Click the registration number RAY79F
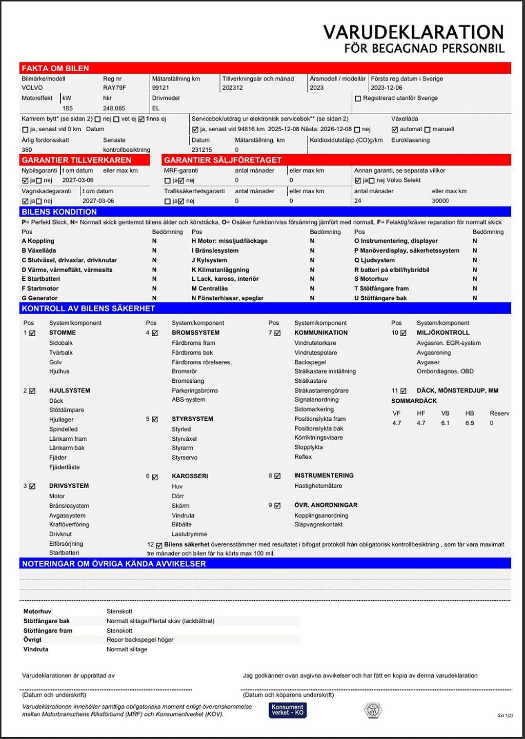coord(114,88)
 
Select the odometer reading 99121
coord(160,88)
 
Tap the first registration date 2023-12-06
coord(387,88)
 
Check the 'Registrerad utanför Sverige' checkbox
coord(358,98)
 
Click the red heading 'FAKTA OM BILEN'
coord(55,68)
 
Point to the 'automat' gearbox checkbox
coord(395,130)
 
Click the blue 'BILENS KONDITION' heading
coord(59,212)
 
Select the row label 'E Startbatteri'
coord(41,279)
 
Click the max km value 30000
coord(440,201)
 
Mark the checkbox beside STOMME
coord(32,333)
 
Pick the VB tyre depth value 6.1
coord(445,423)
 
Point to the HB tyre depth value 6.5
coord(470,423)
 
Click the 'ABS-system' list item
coord(188,400)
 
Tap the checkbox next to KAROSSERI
coord(155,477)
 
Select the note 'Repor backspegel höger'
coord(140,640)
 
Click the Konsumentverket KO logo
coord(288,710)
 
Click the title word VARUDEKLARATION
coord(413,32)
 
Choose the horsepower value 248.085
coord(114,108)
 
